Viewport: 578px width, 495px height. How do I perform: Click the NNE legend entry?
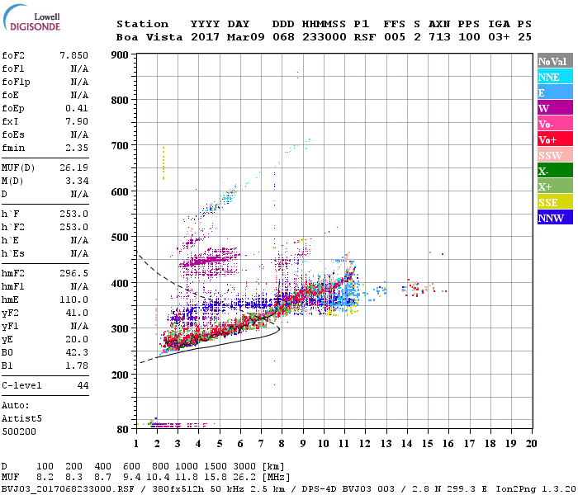tap(554, 77)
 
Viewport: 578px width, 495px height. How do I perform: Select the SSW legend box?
tap(554, 155)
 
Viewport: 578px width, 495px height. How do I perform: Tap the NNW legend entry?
tap(554, 218)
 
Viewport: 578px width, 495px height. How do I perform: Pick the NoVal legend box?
tap(554, 61)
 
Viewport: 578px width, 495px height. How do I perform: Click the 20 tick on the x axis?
tap(532, 443)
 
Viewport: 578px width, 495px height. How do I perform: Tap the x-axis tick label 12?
tap(365, 443)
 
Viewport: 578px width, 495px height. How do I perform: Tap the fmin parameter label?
tap(14, 148)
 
